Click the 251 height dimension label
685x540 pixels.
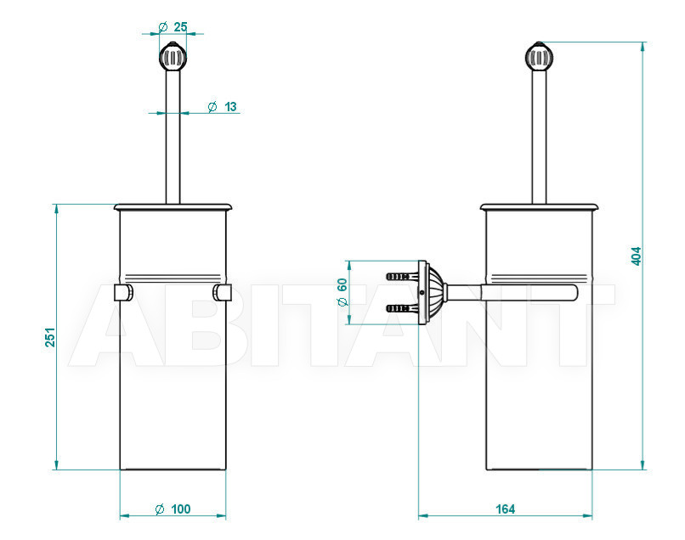coord(51,337)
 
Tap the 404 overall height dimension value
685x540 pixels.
coord(636,256)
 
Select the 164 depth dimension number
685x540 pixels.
coord(505,509)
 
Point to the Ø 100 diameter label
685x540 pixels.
coord(173,509)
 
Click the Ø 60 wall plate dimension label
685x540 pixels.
coord(342,292)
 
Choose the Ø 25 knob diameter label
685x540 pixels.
coord(173,27)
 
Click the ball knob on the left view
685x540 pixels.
coord(173,55)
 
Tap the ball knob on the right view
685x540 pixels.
coord(540,56)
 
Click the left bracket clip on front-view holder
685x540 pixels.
coord(124,292)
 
